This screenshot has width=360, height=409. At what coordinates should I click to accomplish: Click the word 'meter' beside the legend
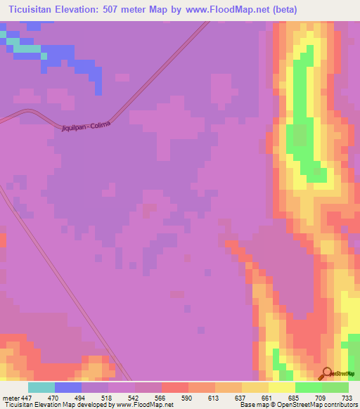pyautogui.click(x=11, y=397)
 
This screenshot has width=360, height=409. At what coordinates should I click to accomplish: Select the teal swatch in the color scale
pyautogui.click(x=41, y=387)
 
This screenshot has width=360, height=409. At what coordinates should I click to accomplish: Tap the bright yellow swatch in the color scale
pyautogui.click(x=281, y=387)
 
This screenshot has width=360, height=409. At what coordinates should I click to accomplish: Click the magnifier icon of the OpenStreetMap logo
pyautogui.click(x=326, y=372)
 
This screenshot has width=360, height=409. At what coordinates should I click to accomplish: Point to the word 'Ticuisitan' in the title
pyautogui.click(x=35, y=9)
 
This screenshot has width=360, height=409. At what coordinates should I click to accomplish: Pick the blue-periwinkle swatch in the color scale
pyautogui.click(x=68, y=387)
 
